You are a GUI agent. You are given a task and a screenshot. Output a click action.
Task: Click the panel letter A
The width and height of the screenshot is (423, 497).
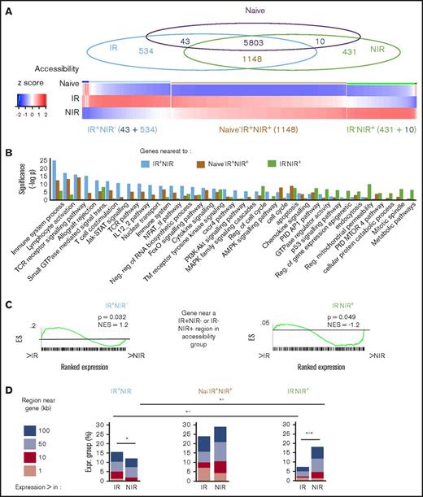[7, 7]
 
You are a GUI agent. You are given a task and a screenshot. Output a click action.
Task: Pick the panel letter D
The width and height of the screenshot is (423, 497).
[7, 393]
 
